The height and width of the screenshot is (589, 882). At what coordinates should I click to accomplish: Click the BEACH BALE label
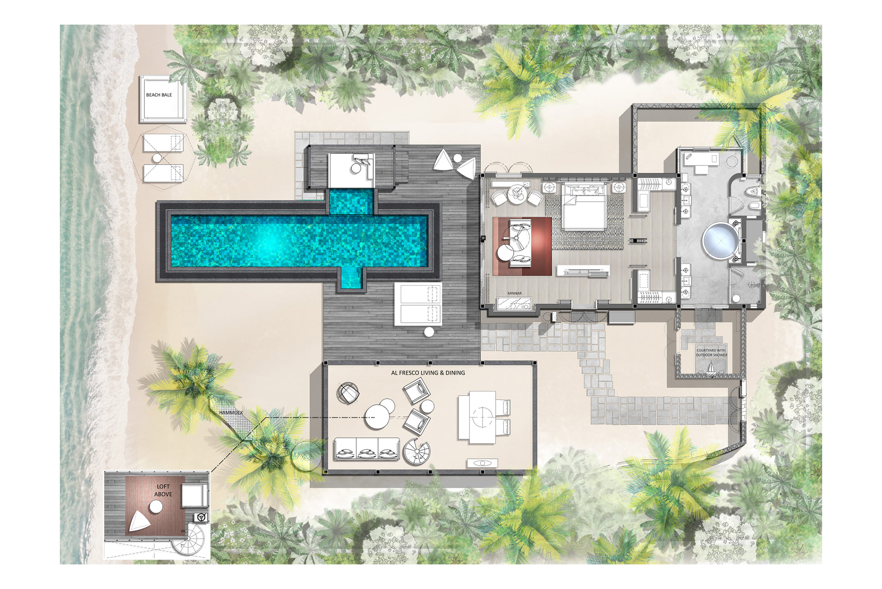pos(159,95)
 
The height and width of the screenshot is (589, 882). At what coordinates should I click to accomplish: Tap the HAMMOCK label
pos(231,413)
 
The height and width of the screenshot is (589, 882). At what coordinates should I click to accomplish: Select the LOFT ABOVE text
pos(163,490)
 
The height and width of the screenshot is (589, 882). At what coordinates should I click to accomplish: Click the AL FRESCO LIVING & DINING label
pos(428,373)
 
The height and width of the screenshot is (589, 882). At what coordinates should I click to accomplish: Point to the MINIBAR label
pos(514,293)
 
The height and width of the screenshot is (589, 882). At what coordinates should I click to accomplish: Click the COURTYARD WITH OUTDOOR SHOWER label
pos(711,353)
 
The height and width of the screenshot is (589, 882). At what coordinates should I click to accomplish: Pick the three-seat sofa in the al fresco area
pos(366,449)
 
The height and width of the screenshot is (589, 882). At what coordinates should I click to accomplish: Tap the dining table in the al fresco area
pos(482,417)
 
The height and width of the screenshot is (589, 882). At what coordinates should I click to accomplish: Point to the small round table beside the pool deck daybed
pos(429,332)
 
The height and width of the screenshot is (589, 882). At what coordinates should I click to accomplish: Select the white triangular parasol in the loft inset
pos(139,522)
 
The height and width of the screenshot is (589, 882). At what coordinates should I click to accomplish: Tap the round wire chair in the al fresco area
pos(348,393)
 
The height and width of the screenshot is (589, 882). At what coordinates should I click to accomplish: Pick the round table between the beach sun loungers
pos(157,158)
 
